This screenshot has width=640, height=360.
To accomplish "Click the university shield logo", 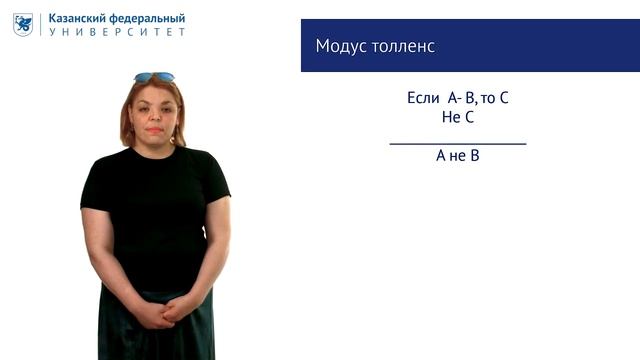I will click(x=23, y=24).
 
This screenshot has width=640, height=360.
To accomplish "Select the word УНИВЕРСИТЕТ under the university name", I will click(x=118, y=32).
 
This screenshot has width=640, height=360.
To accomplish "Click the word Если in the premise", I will click(x=423, y=98).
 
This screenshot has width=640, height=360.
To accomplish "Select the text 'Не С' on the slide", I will click(x=457, y=117).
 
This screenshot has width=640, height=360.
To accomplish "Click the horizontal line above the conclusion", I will click(x=457, y=144).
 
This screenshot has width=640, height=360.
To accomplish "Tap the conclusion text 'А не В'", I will click(x=457, y=156).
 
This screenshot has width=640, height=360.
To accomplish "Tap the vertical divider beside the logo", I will click(x=41, y=24).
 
